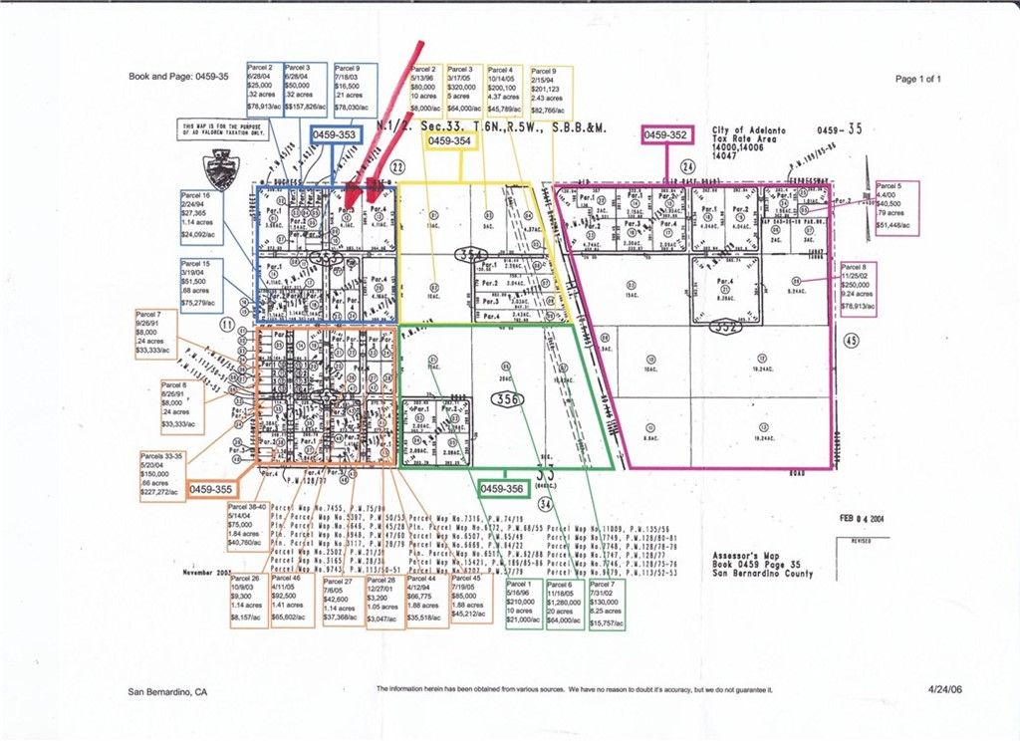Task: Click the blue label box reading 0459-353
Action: [334, 134]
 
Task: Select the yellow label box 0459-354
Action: [449, 142]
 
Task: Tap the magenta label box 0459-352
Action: [665, 134]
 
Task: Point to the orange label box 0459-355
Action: [211, 490]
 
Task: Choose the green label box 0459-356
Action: [502, 489]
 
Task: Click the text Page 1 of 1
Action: [917, 79]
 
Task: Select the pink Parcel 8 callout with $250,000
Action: [860, 289]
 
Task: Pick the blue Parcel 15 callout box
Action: [201, 284]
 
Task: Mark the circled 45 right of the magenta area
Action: [850, 340]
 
